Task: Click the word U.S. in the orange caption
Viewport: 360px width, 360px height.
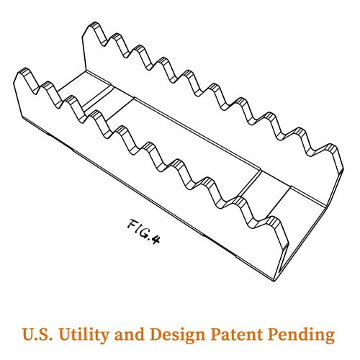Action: point(37,334)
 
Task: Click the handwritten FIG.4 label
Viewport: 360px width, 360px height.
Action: point(143,231)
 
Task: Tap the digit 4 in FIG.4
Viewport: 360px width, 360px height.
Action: point(156,240)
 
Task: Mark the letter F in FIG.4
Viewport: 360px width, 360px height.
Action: point(132,224)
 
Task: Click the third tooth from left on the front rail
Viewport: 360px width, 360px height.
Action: point(71,98)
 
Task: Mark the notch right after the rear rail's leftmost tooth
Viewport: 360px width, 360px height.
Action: point(104,44)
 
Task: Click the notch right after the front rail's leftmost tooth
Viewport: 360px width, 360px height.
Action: point(35,91)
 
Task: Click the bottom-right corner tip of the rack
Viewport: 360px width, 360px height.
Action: point(274,281)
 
